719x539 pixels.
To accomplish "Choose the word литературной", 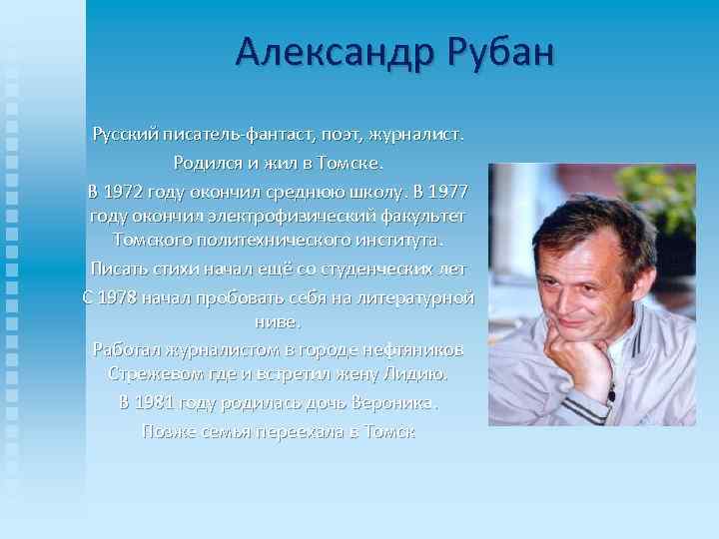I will click(x=417, y=297).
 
